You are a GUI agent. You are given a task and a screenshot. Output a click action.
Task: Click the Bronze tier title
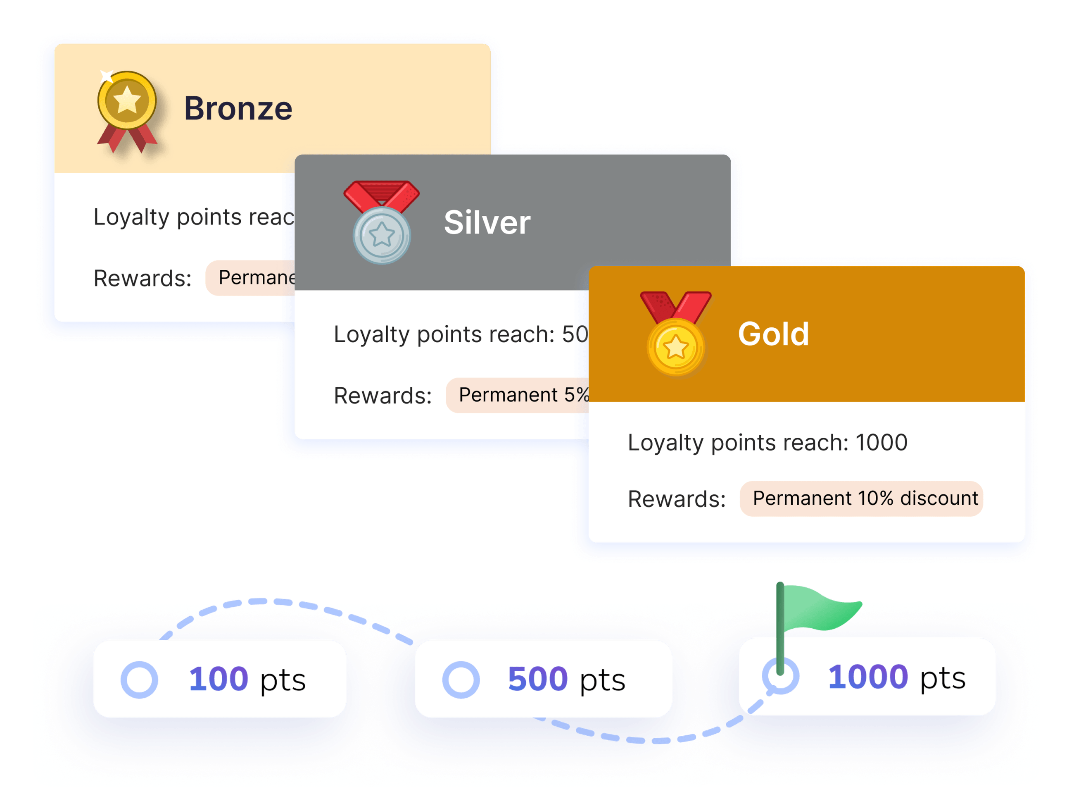pos(238,108)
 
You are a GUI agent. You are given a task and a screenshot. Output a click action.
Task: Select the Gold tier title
pos(773,334)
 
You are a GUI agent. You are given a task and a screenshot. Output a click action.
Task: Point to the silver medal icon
pos(382,223)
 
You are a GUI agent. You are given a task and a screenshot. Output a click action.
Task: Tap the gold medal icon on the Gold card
pos(675,334)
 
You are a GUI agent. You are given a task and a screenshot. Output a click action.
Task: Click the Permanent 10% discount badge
pos(861,498)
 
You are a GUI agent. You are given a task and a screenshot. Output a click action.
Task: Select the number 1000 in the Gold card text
pos(881,443)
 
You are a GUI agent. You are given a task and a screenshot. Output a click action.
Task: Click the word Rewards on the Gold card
pos(676,499)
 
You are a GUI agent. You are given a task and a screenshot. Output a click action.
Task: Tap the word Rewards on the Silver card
pos(382,396)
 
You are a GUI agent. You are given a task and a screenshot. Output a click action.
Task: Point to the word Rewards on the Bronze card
pos(142,279)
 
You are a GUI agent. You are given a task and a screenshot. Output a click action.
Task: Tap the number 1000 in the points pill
pos(867,677)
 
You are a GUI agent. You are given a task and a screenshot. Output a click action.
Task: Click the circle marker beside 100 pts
pos(139,680)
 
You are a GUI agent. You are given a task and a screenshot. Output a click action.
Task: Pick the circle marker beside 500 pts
pos(461,680)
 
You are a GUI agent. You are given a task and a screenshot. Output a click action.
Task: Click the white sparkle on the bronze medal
pos(106,76)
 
